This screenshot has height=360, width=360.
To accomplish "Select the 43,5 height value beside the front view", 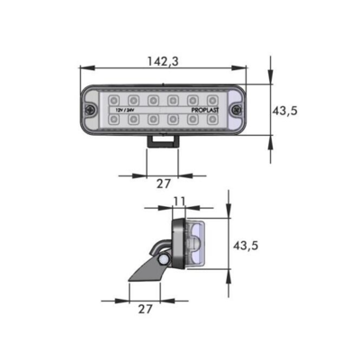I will click(x=284, y=110).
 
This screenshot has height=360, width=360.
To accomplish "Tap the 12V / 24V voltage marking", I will click(x=124, y=109).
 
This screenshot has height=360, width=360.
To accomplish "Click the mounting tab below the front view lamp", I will click(x=163, y=142).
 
